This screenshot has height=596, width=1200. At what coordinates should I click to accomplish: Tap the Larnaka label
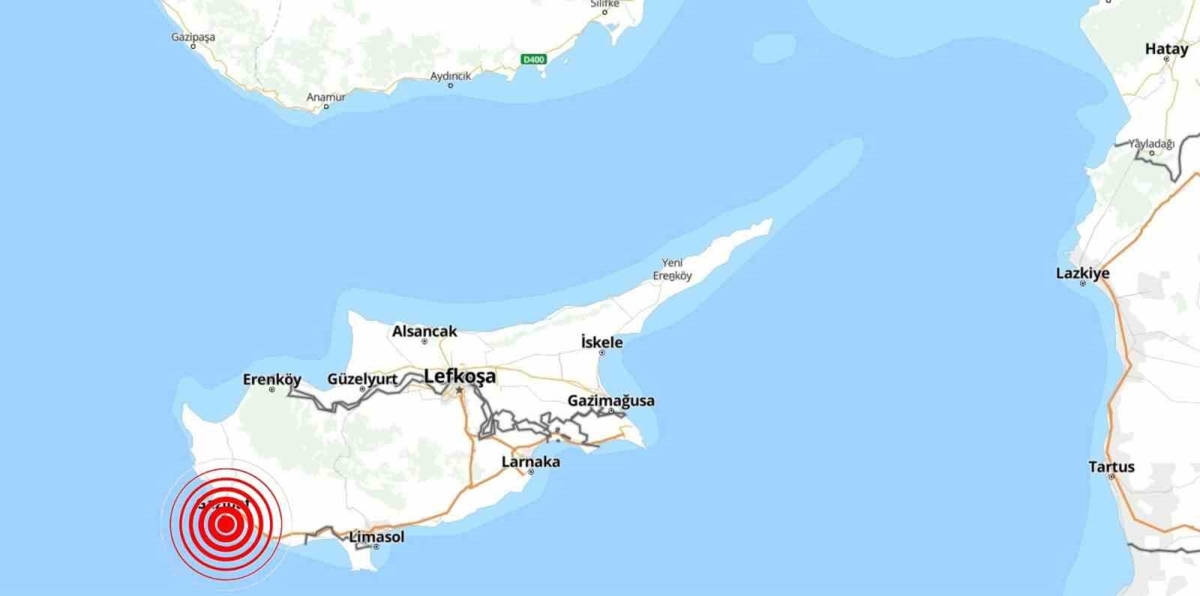click(530, 462)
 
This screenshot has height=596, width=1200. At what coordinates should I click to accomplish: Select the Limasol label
click(376, 537)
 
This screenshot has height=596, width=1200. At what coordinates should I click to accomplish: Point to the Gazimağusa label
click(610, 400)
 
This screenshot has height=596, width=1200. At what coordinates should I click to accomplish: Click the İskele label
click(601, 343)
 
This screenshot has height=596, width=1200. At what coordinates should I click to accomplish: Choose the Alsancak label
click(424, 331)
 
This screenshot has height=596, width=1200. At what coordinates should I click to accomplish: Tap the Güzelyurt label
click(362, 379)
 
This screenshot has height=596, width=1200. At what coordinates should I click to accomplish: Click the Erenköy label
click(271, 379)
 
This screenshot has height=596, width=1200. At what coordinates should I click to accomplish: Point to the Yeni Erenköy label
click(676, 269)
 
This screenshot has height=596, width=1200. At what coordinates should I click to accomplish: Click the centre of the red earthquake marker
click(224, 524)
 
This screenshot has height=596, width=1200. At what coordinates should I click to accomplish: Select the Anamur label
click(326, 97)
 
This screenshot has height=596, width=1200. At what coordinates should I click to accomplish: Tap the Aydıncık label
click(450, 76)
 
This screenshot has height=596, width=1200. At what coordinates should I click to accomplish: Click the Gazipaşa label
click(193, 37)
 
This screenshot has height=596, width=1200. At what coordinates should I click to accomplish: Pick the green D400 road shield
click(534, 59)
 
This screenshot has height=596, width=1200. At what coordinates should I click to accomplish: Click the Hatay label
click(1166, 49)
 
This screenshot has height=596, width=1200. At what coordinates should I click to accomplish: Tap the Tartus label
click(1111, 467)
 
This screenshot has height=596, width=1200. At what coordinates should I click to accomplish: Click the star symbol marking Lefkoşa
click(459, 390)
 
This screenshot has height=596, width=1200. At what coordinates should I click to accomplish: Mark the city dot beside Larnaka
click(530, 472)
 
